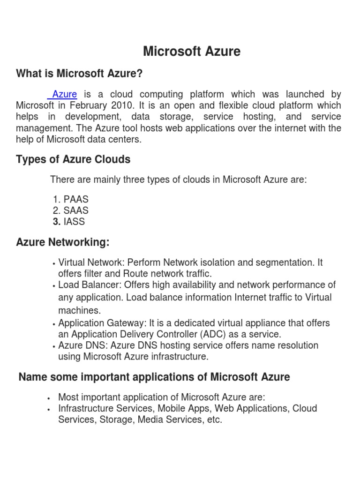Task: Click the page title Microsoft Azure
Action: coord(192,51)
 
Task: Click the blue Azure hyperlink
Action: coord(64,94)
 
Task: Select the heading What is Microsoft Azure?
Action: coord(79,74)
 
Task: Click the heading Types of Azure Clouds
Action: coord(73,159)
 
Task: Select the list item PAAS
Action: coord(76,200)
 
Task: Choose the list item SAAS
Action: coord(76,211)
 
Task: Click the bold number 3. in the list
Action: coord(57,222)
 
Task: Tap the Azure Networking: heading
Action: coord(63,242)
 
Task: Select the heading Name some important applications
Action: coord(154,377)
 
